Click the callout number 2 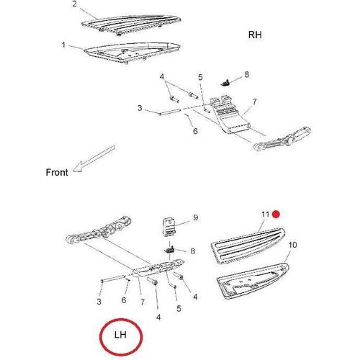pos(75,4)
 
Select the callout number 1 pos(63,45)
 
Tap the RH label pos(255,35)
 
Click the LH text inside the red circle pos(120,335)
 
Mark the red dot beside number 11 pos(276,214)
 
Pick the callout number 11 pos(266,214)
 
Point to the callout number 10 pos(293,245)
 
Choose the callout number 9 pos(196,217)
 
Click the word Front pos(57,172)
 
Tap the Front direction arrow pos(94,158)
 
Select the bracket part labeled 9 pos(169,227)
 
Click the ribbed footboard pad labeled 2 pos(131,24)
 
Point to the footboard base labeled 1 pos(132,53)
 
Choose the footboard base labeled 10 pos(253,282)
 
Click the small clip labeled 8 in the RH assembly pos(225,83)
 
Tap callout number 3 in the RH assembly pos(140,108)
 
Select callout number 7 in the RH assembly pos(254,102)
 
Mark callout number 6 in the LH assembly pos(124,300)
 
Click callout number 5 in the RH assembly pos(200,77)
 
